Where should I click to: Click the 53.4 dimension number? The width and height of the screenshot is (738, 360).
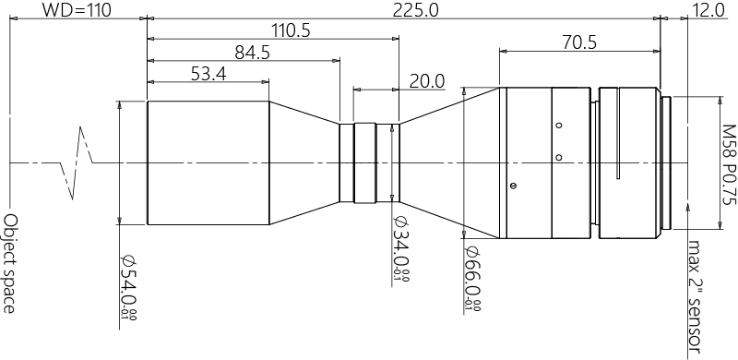tap(208, 75)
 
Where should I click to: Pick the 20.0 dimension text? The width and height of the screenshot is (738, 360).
tap(426, 81)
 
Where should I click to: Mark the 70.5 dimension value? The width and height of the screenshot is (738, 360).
tap(579, 42)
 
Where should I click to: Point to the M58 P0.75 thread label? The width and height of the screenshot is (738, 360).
tap(730, 175)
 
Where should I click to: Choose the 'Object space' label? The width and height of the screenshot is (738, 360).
tap(10, 263)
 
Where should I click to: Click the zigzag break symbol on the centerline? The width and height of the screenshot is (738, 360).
tap(77, 162)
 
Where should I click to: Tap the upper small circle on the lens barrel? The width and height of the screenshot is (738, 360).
tap(557, 126)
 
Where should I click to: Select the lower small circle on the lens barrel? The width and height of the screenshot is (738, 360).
tap(557, 157)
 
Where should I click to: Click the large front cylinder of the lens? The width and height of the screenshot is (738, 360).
tap(208, 162)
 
